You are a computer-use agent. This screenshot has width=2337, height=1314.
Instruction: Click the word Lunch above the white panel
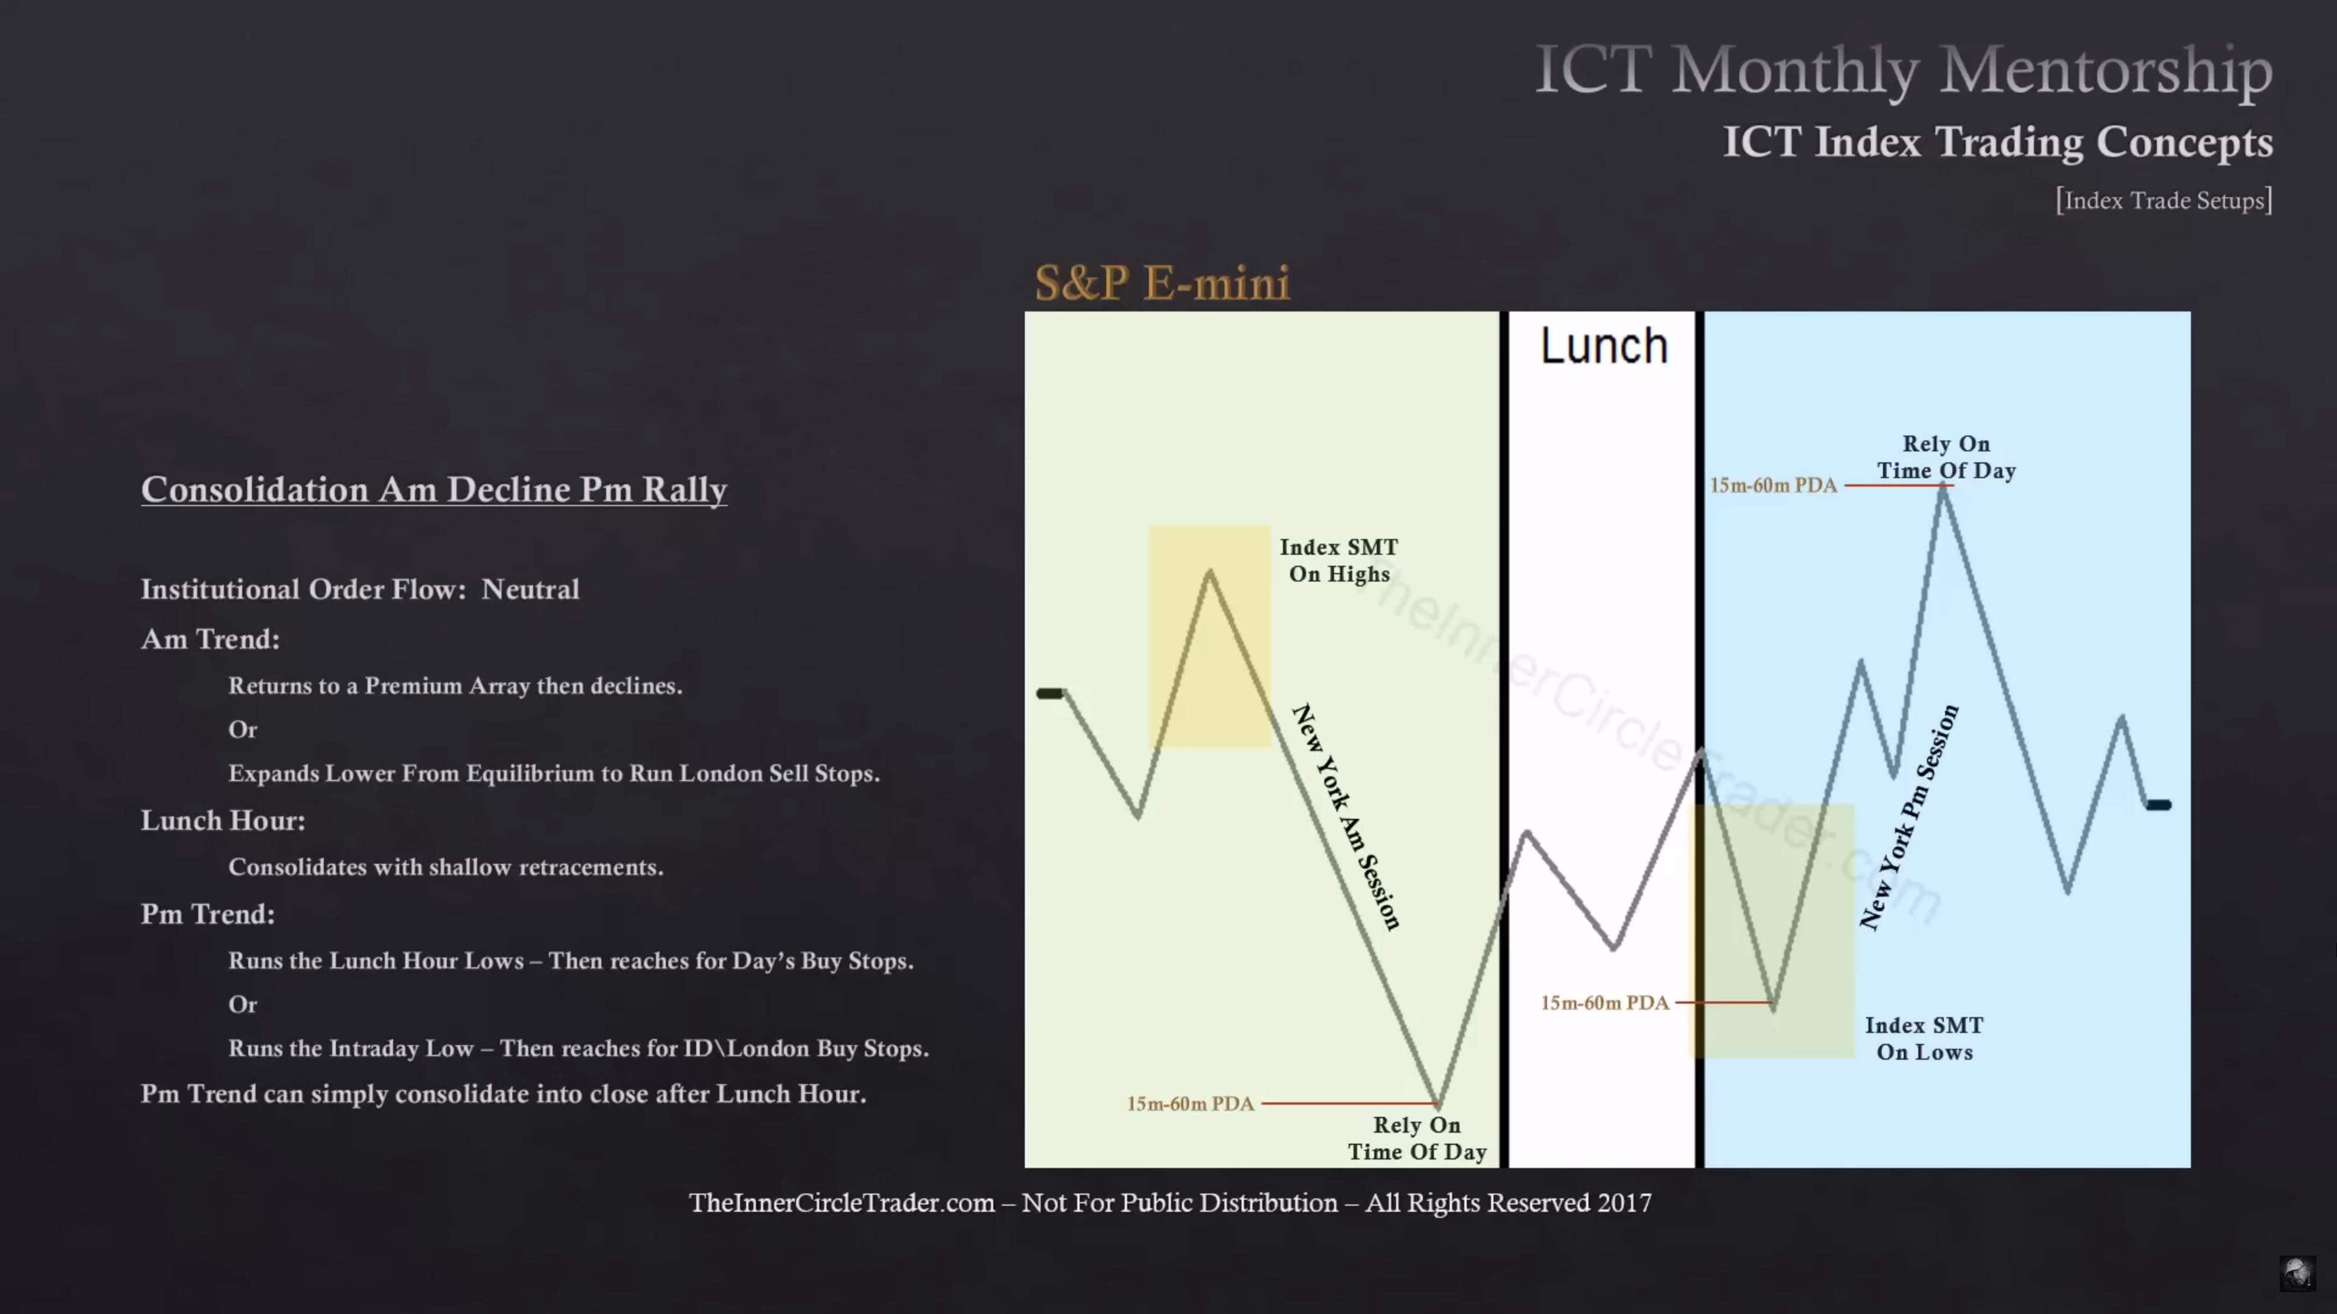1604,346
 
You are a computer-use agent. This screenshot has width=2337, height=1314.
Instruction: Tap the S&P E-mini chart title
1162,283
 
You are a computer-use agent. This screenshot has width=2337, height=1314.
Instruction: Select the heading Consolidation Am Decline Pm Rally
434,490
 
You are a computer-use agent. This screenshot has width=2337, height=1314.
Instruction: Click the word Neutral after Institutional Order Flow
530,589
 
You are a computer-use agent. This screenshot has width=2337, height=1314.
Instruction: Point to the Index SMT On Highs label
1339,560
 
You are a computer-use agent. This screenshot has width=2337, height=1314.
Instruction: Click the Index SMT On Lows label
1924,1038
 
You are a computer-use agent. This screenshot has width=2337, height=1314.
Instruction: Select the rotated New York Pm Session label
1909,816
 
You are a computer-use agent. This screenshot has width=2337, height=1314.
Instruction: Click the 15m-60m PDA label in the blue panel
1773,485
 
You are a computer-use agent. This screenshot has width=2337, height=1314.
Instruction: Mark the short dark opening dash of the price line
1050,693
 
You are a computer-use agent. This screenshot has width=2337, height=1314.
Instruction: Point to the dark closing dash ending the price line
2158,804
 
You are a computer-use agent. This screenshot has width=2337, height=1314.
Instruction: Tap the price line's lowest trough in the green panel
1439,1105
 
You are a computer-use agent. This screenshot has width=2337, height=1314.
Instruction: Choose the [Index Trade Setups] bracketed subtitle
2164,200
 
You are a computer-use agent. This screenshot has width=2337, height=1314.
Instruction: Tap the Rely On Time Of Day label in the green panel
1416,1138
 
